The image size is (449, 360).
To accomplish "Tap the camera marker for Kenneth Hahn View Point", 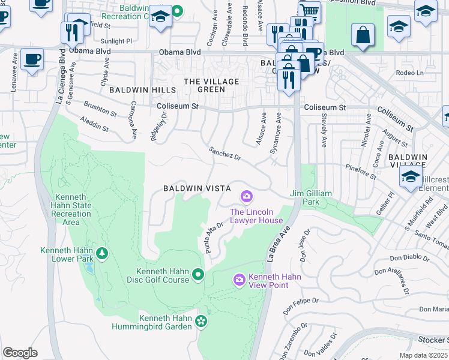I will (x=239, y=280).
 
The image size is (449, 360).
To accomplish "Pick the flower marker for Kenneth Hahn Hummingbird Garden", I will (x=202, y=323).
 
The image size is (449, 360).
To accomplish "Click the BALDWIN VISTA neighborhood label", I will (x=197, y=188).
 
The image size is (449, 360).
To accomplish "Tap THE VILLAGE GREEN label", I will (x=211, y=85).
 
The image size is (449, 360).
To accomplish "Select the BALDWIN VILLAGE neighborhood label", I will (x=408, y=161).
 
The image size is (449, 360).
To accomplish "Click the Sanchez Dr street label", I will (x=224, y=154).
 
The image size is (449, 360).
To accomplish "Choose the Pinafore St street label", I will (x=360, y=172).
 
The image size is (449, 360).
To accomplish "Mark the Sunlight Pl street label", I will (x=116, y=41).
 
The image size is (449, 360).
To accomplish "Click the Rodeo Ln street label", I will (x=411, y=73).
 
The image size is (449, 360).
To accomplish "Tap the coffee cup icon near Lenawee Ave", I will (x=32, y=59).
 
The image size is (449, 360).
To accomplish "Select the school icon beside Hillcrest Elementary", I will (x=411, y=176).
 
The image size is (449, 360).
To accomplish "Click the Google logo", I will (x=20, y=352).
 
